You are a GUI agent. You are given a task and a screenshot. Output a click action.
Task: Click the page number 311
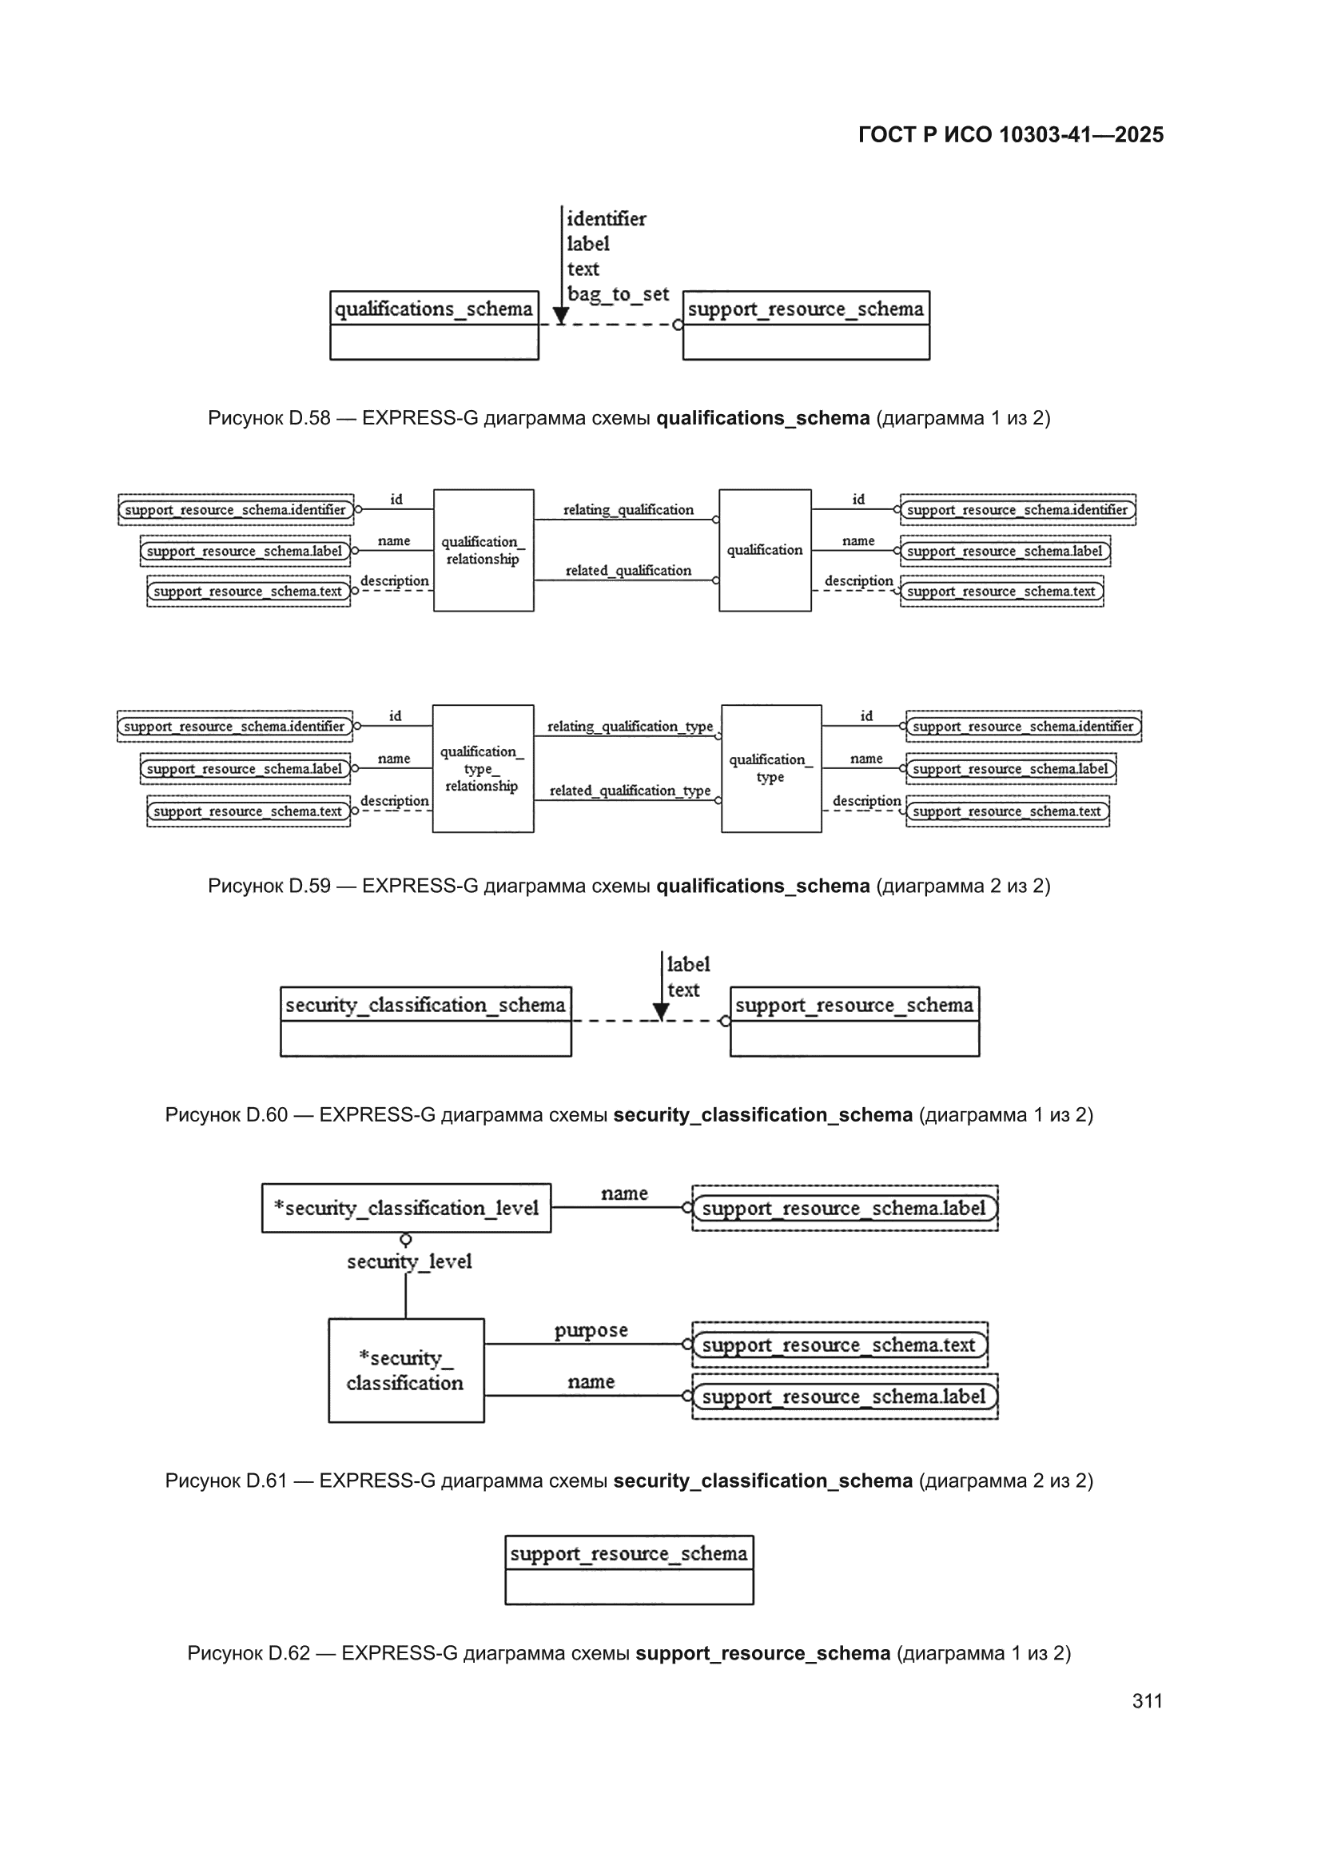point(1147,1700)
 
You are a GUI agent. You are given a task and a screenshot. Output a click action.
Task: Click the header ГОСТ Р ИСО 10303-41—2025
point(1011,134)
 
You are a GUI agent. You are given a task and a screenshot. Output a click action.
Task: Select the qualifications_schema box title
point(434,309)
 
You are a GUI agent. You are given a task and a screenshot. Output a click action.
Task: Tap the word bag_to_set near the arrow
point(618,294)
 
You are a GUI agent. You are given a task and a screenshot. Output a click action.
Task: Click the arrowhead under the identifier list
point(561,316)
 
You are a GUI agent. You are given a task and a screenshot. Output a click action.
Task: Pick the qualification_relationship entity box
point(483,550)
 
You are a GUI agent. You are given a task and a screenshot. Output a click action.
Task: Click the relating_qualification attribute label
point(628,509)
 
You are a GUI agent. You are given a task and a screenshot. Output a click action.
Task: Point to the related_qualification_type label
point(630,791)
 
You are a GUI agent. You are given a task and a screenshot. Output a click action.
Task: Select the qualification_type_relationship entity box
point(483,768)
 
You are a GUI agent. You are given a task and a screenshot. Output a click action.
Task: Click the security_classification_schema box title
point(425,1006)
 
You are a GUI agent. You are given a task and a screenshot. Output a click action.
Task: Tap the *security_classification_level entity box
point(406,1208)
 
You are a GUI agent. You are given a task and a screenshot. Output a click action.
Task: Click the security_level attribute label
point(409,1261)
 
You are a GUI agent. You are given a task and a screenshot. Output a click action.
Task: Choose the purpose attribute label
point(591,1330)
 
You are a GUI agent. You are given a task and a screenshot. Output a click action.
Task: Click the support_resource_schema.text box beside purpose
point(840,1345)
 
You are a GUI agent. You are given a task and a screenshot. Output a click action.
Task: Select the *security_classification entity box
point(406,1371)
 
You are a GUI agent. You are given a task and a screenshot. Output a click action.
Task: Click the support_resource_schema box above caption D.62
point(629,1570)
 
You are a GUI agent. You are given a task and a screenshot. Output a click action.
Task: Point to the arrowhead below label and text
point(661,1012)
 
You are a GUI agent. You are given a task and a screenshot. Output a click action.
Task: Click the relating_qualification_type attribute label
point(630,726)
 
